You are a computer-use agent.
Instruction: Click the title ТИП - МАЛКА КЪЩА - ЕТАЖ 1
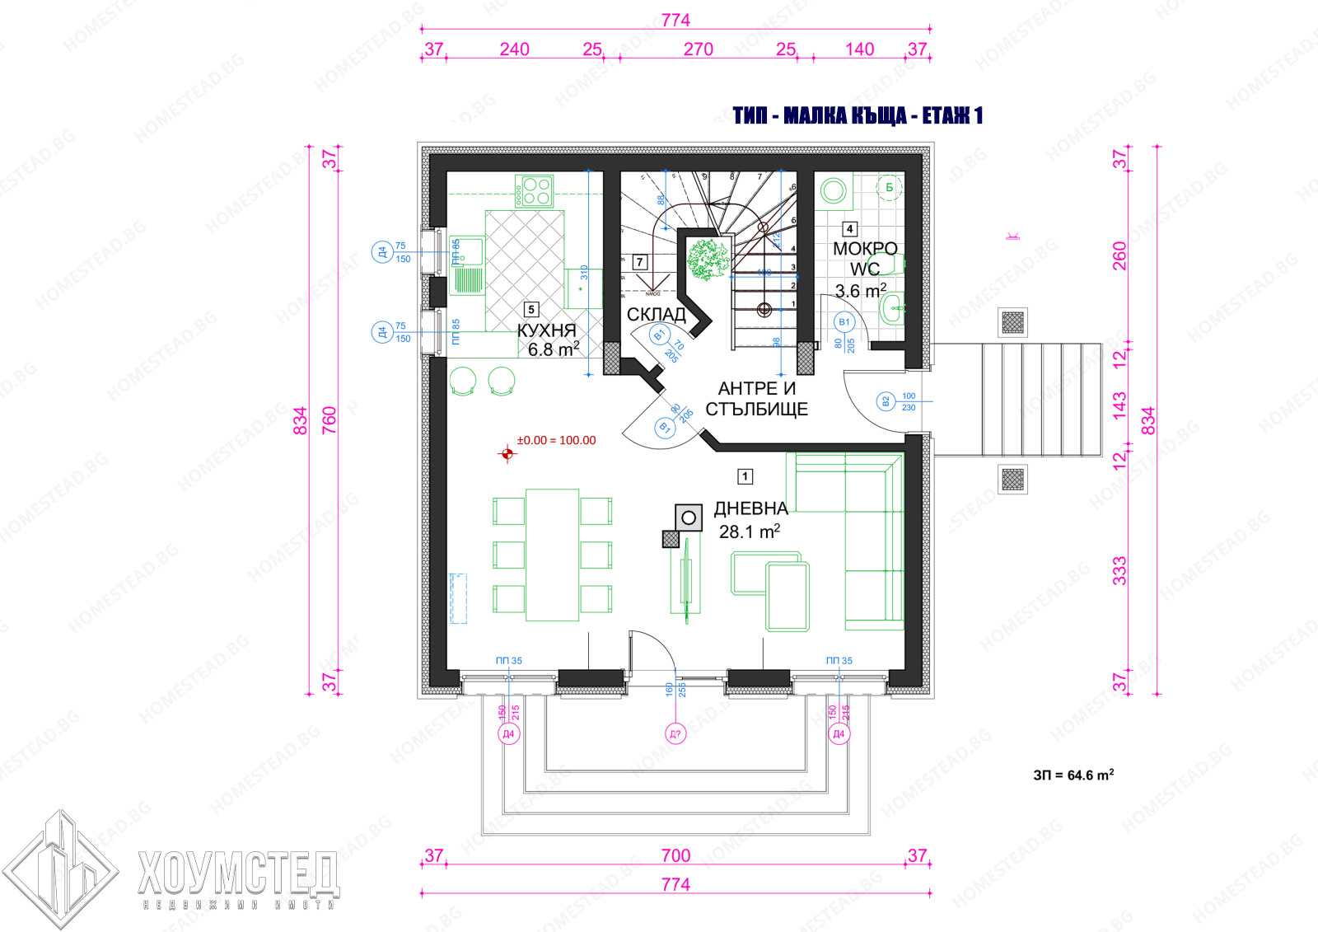click(x=858, y=115)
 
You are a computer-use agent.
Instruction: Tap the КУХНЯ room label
click(x=546, y=330)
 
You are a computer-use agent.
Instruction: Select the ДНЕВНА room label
click(x=750, y=509)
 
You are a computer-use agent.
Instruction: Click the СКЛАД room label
click(x=656, y=315)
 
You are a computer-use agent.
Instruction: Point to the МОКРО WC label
click(x=865, y=258)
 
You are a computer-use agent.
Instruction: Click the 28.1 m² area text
click(x=749, y=532)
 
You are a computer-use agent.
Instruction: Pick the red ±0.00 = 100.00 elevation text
click(x=556, y=441)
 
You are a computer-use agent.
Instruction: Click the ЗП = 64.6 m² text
click(x=1073, y=775)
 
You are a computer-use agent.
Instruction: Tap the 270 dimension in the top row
click(x=698, y=49)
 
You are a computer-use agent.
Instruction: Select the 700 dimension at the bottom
click(x=675, y=855)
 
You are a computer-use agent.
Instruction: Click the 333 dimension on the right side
click(x=1119, y=571)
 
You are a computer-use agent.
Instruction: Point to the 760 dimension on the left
click(x=329, y=420)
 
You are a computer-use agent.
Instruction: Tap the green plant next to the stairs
click(x=708, y=259)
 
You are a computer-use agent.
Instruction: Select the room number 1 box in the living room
click(x=745, y=476)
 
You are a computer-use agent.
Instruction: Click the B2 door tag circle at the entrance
click(x=886, y=402)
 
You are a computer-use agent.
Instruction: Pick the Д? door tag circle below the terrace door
click(x=675, y=733)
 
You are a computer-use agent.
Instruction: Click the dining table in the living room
click(x=552, y=554)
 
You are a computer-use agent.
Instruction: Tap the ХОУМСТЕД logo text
click(x=239, y=873)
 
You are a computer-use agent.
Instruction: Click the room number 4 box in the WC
click(x=848, y=229)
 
